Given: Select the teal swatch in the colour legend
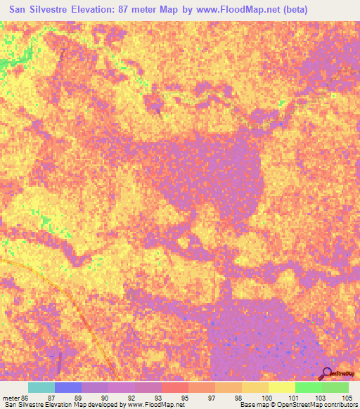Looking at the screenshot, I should click(x=41, y=387).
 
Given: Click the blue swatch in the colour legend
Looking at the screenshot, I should click(x=67, y=387).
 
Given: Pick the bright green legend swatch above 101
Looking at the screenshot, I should click(x=308, y=387).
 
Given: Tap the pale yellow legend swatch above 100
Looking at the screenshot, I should click(x=281, y=387).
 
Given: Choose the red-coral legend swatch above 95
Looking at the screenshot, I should click(x=174, y=387).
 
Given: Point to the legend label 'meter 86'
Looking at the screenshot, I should click(x=14, y=397).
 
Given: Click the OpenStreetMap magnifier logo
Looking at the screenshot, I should click(x=327, y=373).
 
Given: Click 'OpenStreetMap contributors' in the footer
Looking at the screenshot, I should click(x=316, y=405).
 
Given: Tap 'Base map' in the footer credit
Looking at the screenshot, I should click(x=251, y=405).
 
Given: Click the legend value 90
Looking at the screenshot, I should click(x=104, y=397).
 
